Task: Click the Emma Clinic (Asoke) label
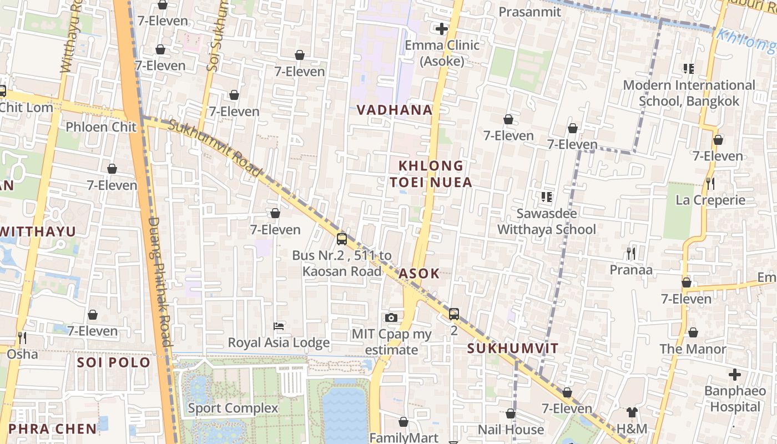442,53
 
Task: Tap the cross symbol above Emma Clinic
442,29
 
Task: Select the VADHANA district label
395,110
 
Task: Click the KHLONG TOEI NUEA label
431,174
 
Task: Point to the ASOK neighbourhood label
419,273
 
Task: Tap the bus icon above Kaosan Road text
342,239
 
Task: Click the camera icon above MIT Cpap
391,317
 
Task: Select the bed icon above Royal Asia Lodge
279,326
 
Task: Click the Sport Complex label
233,408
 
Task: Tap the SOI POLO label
114,362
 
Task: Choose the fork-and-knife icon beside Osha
22,337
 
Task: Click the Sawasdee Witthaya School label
546,221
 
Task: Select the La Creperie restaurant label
710,200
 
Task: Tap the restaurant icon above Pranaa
630,254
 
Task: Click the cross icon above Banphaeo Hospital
735,375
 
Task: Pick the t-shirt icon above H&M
632,412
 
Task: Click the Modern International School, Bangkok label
689,93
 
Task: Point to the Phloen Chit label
101,127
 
